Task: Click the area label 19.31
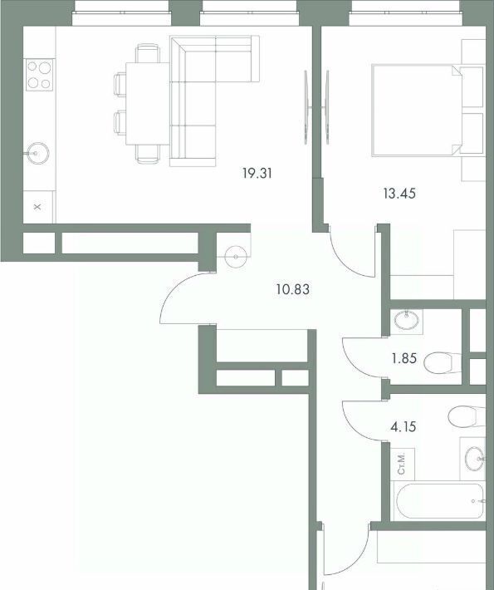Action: [257, 174]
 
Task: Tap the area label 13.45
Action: [399, 194]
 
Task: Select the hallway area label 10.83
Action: [293, 289]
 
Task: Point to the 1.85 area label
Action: [404, 358]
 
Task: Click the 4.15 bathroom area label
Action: [404, 427]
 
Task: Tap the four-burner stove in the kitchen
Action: [40, 75]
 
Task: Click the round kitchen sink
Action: [38, 153]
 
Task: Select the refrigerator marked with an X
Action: [38, 207]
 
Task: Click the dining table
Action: [148, 104]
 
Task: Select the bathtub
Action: [439, 501]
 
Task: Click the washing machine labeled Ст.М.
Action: [403, 464]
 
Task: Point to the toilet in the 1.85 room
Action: [443, 363]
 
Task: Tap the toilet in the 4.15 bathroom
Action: [467, 416]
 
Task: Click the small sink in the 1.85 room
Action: [406, 321]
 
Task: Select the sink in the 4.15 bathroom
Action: [474, 459]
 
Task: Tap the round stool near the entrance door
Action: [236, 257]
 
